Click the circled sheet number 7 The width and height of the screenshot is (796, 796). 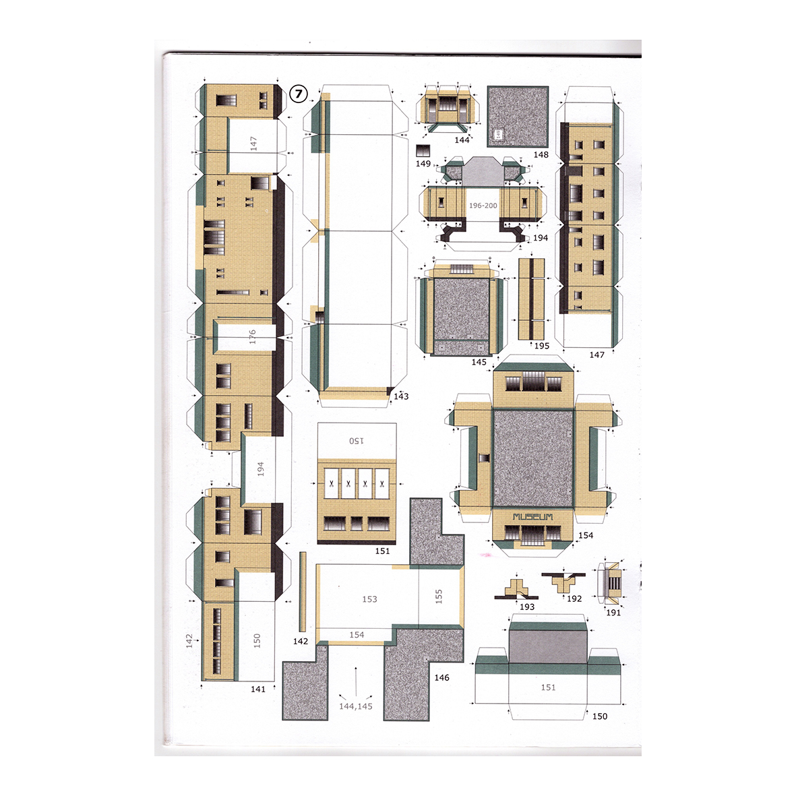299,93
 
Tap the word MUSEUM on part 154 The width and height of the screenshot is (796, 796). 532,517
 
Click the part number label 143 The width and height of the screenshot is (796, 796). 401,396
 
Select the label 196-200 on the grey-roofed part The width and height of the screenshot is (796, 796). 483,206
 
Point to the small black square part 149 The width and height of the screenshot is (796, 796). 423,151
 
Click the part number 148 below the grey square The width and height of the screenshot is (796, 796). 541,154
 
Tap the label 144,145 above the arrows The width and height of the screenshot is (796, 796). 355,706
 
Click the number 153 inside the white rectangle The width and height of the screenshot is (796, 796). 369,599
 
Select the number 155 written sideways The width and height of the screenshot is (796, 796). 439,596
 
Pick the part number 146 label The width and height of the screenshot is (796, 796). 441,677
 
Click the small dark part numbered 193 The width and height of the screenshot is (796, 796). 517,588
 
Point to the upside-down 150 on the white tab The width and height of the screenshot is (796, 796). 356,441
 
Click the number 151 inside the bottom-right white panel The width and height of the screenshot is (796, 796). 548,687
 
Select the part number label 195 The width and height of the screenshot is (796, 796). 542,346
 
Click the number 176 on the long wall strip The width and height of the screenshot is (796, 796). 252,336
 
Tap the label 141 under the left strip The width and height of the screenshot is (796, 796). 258,689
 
